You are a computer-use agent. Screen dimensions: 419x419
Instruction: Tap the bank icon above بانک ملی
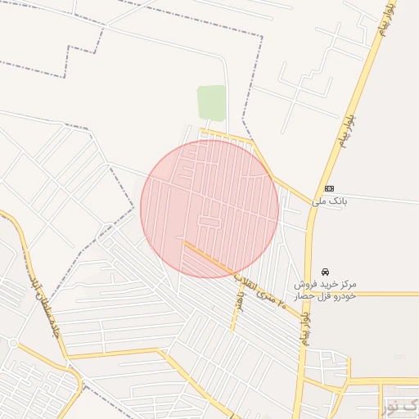(329, 188)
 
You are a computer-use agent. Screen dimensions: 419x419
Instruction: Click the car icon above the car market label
(326, 271)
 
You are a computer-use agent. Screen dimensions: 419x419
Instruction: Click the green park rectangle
(211, 103)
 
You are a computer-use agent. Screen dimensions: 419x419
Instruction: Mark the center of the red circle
(209, 209)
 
